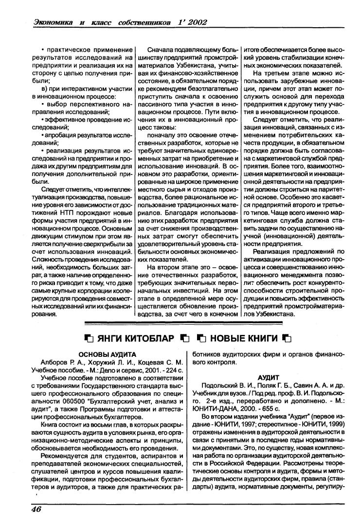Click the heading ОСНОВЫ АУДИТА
[107, 354]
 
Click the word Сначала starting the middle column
[161, 50]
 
